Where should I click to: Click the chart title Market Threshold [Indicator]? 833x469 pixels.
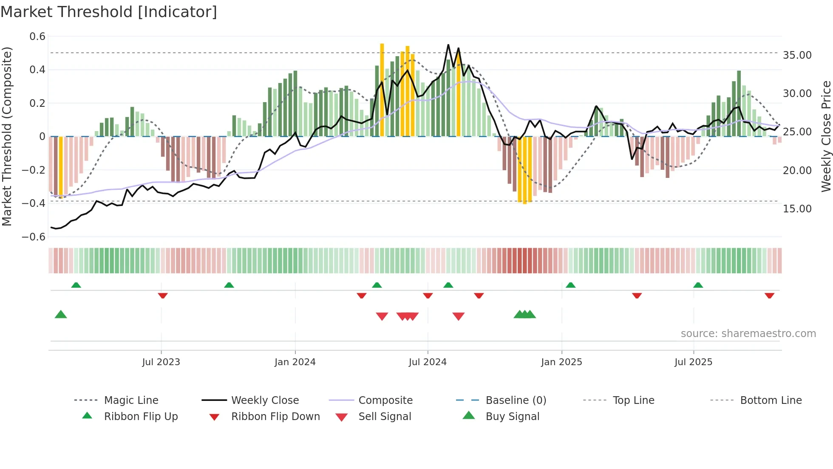tap(109, 12)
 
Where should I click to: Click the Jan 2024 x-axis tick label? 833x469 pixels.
tap(295, 362)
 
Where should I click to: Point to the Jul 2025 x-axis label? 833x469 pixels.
tap(693, 362)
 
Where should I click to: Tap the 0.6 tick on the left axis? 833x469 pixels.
tap(37, 37)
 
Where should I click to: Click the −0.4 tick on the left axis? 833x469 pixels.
tap(34, 203)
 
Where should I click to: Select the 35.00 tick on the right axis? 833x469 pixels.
tap(797, 55)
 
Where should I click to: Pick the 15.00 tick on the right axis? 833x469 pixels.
tap(797, 209)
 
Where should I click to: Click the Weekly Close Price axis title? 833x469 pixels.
tap(826, 136)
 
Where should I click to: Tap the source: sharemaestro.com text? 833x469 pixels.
tap(748, 334)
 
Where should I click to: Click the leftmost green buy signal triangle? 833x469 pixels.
tap(61, 315)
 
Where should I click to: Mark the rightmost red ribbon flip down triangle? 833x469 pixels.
tap(769, 295)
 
